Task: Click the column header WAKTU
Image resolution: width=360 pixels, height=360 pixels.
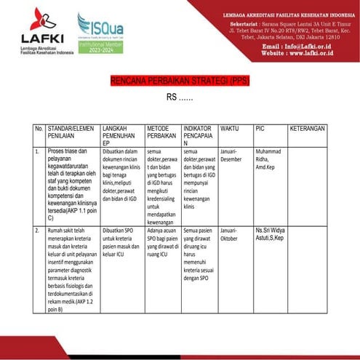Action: tap(229, 128)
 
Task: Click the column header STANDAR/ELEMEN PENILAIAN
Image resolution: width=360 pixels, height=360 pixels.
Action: tap(71, 132)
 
